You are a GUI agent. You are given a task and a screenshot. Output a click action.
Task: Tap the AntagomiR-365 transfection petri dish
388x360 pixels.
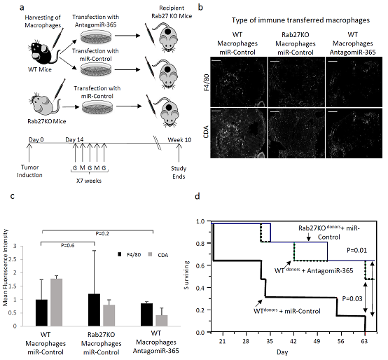96,36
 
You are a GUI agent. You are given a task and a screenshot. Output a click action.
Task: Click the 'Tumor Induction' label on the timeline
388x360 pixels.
29,171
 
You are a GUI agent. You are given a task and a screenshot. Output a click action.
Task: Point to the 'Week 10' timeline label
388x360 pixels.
180,140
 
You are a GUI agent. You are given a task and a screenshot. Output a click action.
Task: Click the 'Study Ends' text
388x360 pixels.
179,172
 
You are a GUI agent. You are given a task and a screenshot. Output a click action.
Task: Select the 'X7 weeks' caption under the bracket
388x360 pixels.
89,181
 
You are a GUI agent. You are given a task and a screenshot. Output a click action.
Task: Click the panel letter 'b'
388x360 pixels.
201,7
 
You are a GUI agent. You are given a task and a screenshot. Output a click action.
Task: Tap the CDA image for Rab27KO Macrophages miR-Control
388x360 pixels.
296,133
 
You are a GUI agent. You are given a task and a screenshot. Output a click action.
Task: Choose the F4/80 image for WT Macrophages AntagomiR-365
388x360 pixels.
354,82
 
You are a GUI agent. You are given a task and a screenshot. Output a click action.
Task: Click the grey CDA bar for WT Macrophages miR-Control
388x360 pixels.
57,303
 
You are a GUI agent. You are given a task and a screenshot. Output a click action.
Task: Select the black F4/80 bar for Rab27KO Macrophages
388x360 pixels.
94,310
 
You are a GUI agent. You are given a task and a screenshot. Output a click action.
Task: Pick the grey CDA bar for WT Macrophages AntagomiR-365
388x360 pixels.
162,321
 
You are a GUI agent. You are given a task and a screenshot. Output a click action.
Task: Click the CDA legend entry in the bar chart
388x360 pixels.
158,255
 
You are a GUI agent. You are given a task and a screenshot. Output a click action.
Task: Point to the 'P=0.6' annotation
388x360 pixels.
67,245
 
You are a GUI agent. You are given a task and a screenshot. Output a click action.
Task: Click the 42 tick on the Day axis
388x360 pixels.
293,341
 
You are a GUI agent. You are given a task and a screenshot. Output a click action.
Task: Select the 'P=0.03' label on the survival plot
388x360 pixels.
352,298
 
